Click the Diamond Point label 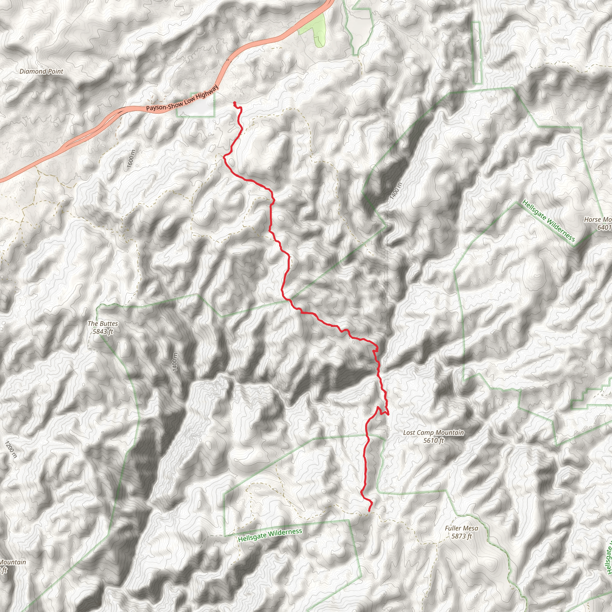[42, 72]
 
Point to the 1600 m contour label [131, 160]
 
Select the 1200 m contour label [10, 449]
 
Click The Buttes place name [102, 323]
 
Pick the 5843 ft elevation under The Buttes [102, 332]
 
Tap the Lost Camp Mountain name [433, 433]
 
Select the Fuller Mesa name [461, 528]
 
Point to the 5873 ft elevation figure [461, 536]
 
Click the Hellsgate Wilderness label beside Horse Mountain [548, 221]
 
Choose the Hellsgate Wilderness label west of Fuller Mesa [270, 535]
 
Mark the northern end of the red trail [234, 102]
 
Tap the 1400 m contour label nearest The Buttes [175, 362]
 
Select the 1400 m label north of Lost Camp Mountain [396, 191]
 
